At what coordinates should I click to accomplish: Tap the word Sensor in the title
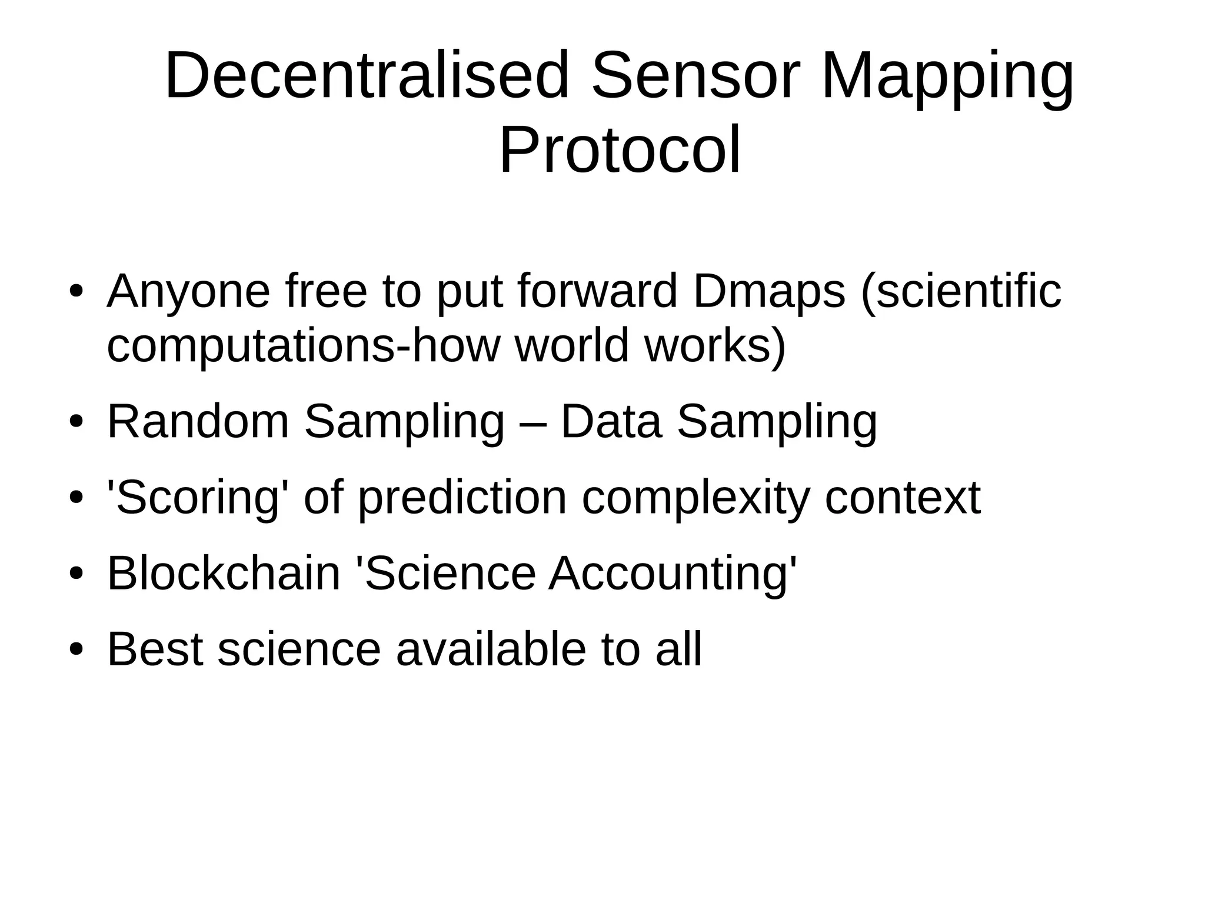[x=696, y=76]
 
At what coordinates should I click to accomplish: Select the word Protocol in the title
[x=620, y=151]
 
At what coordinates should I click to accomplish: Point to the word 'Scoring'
[x=198, y=498]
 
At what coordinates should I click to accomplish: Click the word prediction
[x=462, y=498]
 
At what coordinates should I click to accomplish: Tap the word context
[x=903, y=498]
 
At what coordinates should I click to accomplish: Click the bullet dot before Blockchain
[x=76, y=574]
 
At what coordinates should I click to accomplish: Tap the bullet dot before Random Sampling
[x=76, y=422]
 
